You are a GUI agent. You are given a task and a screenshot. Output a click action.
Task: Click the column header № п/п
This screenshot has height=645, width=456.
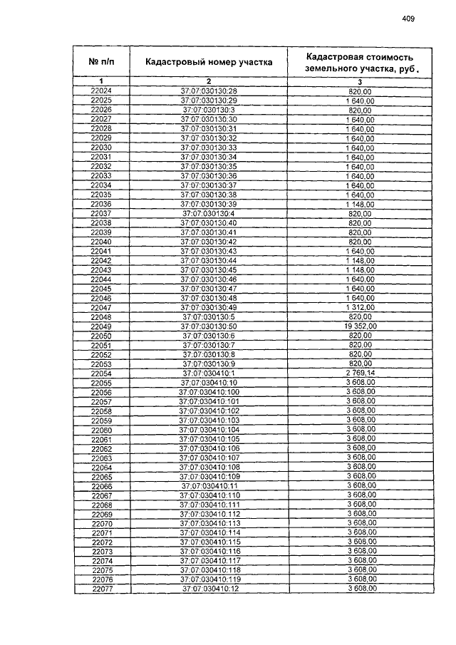click(101, 62)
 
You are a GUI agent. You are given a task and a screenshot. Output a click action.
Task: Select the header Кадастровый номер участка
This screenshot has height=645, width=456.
click(209, 62)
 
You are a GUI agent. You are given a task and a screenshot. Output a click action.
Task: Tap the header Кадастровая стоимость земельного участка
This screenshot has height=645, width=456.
click(359, 62)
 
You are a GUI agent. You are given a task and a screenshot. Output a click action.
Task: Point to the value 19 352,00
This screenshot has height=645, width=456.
click(360, 326)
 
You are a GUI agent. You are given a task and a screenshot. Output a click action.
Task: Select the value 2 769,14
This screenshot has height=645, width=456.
click(360, 373)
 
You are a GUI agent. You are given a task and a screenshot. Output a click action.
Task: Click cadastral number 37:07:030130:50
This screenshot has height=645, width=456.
click(209, 326)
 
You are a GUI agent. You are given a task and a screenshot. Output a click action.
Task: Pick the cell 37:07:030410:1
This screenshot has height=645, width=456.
click(209, 373)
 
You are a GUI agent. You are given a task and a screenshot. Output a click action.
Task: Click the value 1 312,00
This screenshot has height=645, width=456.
click(360, 307)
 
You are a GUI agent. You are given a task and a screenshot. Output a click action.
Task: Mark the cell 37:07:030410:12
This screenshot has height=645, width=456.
click(209, 589)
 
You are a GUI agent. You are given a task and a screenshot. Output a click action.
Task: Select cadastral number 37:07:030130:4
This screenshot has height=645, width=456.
click(209, 213)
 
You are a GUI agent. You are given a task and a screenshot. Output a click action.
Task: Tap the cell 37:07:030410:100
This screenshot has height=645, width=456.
click(209, 392)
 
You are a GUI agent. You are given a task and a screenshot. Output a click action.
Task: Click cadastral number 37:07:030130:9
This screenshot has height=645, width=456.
click(209, 363)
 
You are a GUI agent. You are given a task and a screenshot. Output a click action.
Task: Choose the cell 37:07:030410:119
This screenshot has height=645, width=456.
click(209, 579)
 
